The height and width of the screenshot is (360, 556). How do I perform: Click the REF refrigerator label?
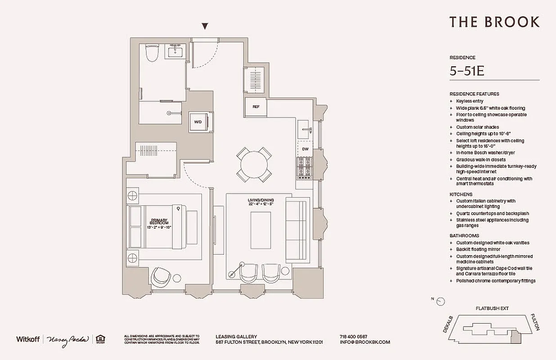(256, 107)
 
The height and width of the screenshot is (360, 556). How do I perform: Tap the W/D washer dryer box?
(198, 122)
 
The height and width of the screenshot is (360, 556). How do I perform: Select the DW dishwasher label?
(305, 148)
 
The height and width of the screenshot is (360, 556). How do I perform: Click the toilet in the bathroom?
(152, 54)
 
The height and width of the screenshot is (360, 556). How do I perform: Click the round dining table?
(254, 165)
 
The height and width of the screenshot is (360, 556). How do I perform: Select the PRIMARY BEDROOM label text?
(160, 222)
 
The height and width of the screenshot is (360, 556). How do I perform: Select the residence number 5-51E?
(467, 71)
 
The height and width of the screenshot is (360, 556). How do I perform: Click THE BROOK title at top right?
(494, 22)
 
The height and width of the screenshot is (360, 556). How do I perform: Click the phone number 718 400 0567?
(353, 337)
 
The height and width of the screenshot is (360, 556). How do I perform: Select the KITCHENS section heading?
(461, 194)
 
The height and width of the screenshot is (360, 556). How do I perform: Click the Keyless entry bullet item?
(470, 101)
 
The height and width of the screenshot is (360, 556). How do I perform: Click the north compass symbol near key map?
(441, 301)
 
